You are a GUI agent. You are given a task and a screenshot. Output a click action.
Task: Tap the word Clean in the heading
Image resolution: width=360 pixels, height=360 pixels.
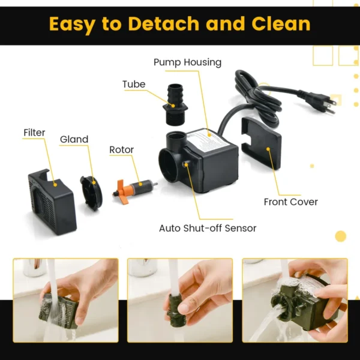coord(281,23)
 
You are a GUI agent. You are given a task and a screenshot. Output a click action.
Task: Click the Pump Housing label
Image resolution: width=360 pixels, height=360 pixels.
coord(187,62)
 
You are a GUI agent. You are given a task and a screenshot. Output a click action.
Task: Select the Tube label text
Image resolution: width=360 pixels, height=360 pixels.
coord(134,84)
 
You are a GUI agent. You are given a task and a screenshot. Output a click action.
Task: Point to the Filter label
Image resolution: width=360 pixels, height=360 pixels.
coord(34,133)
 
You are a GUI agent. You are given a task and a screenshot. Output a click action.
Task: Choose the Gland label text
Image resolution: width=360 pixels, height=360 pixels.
coord(74,139)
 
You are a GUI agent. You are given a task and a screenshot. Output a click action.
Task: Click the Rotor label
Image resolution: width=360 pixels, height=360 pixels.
coord(121,149)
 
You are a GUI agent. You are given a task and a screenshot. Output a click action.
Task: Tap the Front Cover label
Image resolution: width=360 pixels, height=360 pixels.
coord(290,202)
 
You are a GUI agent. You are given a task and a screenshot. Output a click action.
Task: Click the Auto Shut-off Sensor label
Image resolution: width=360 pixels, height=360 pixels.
coord(208,228)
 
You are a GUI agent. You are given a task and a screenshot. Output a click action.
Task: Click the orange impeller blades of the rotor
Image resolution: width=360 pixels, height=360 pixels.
coord(122,191)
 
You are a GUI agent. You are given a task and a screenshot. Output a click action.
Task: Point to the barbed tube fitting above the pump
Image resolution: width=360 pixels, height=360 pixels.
coord(175,104)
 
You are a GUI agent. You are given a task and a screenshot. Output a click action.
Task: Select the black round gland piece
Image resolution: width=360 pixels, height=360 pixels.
coord(91,193)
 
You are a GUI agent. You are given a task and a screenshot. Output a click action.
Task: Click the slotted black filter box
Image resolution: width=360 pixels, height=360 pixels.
coord(52,202)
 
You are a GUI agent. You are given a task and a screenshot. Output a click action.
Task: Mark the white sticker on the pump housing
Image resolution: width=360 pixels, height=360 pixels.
coord(208,140)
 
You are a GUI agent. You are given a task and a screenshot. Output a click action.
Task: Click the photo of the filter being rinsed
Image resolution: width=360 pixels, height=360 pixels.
coord(65,301)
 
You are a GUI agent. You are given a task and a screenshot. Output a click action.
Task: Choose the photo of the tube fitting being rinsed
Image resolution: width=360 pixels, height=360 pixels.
coord(180,301)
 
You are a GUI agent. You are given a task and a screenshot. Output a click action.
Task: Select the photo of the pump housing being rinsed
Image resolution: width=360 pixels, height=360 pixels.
coord(295,301)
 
